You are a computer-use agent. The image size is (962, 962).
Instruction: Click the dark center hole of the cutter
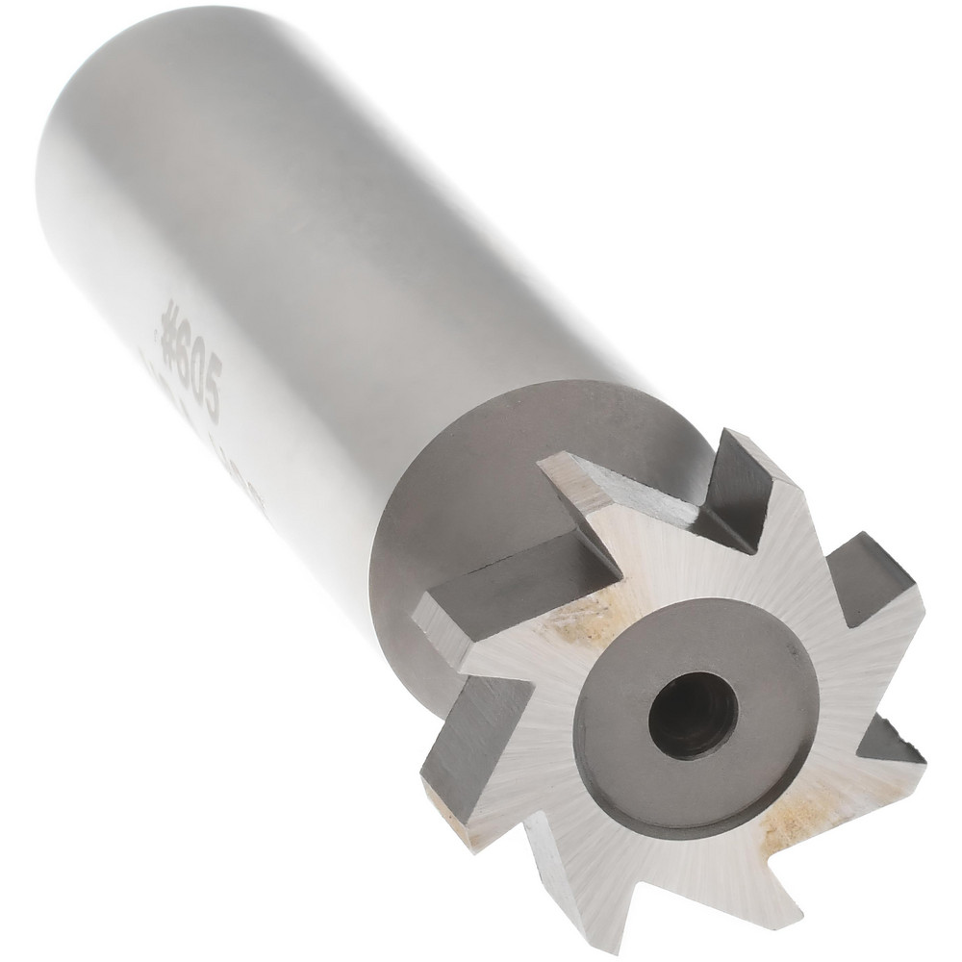[692, 717]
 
